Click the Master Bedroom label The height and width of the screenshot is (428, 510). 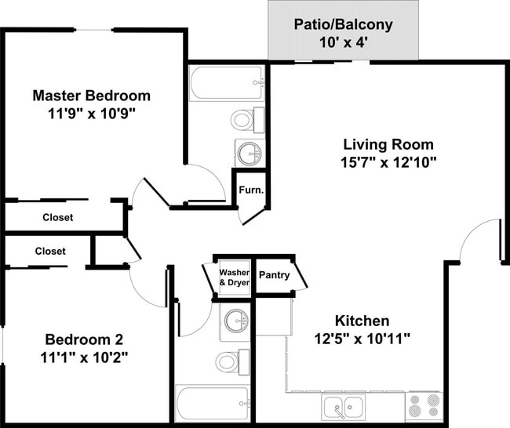coord(91,96)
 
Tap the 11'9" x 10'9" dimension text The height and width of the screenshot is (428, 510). coord(91,113)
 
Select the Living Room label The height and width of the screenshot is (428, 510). coord(388,145)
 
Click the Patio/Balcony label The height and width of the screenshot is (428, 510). coord(343,24)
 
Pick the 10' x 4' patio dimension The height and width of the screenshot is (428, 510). coord(343,42)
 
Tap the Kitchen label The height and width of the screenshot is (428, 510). coord(362,321)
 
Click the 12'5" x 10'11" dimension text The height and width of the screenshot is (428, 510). coord(362,339)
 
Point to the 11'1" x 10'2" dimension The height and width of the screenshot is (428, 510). coord(83,357)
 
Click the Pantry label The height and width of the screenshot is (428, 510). coord(274,275)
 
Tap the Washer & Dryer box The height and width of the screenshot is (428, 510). coord(234,277)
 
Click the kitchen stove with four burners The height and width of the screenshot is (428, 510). coord(422,407)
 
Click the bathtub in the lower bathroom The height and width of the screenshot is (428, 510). coord(213,404)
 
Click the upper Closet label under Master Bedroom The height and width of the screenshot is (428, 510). coord(58,217)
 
